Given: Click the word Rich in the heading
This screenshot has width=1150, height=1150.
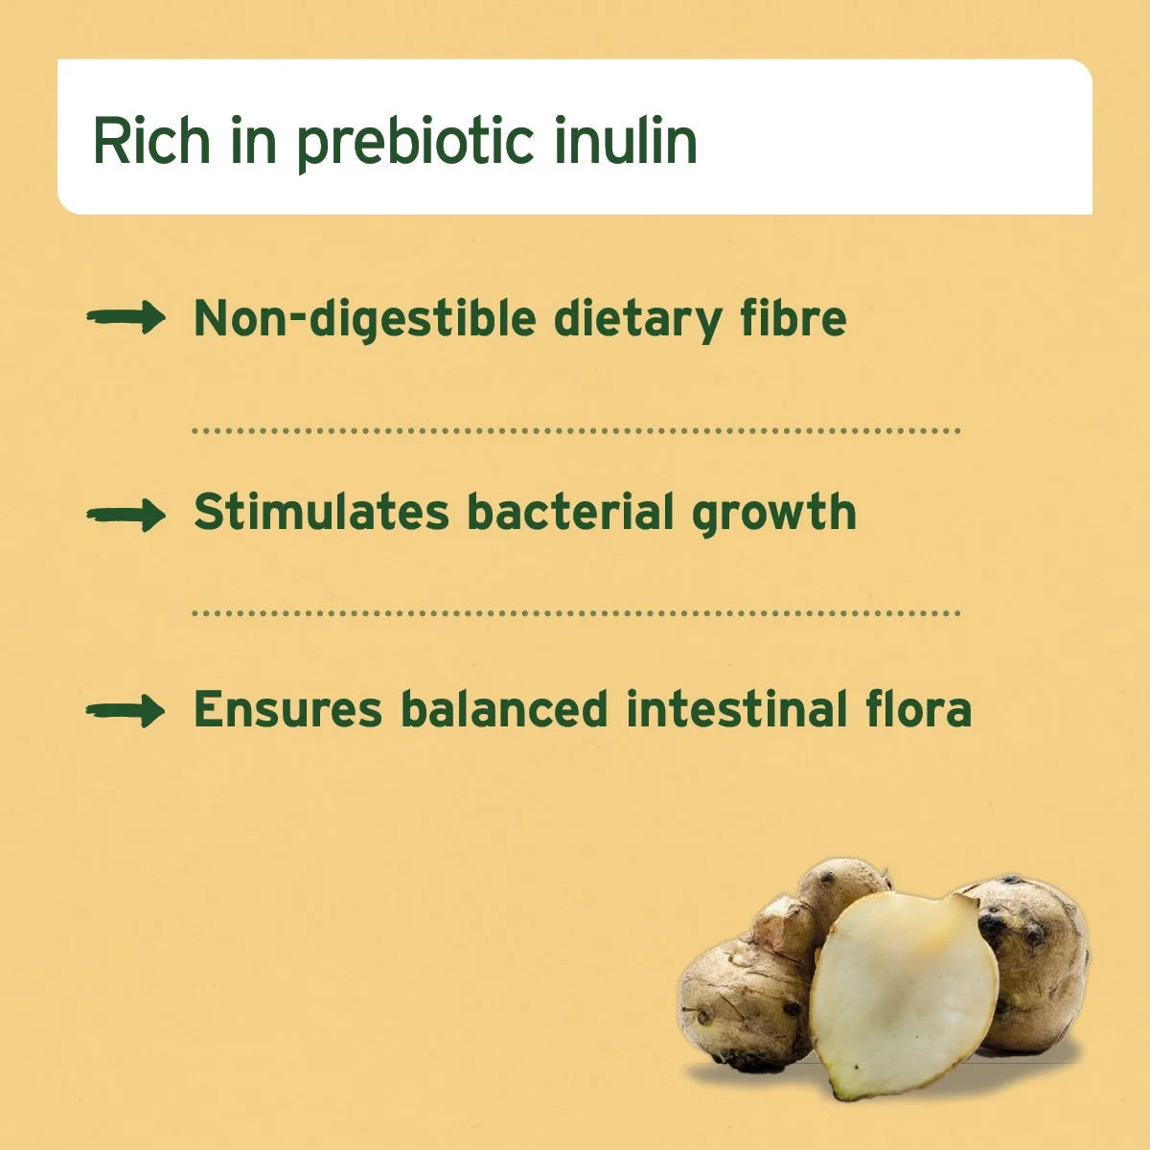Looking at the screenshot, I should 150,141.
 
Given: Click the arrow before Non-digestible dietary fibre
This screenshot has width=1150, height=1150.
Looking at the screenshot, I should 126,317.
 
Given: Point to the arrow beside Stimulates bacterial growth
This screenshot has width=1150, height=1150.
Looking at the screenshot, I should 126,516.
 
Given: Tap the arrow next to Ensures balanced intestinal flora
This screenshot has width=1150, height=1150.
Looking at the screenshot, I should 126,711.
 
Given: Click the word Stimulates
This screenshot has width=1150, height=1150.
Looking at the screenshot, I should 321,512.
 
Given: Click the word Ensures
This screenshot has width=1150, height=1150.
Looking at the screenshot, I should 288,710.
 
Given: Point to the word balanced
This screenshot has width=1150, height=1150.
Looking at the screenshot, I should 504,710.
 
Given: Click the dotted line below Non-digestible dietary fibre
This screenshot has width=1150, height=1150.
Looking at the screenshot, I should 575,431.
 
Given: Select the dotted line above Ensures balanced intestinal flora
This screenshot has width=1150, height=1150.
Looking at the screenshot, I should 575,612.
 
